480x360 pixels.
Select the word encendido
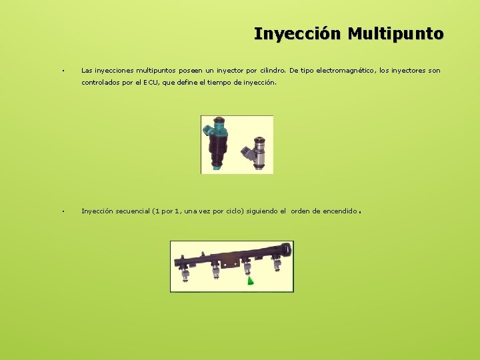click(340, 211)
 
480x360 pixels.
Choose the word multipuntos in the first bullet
click(150, 70)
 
